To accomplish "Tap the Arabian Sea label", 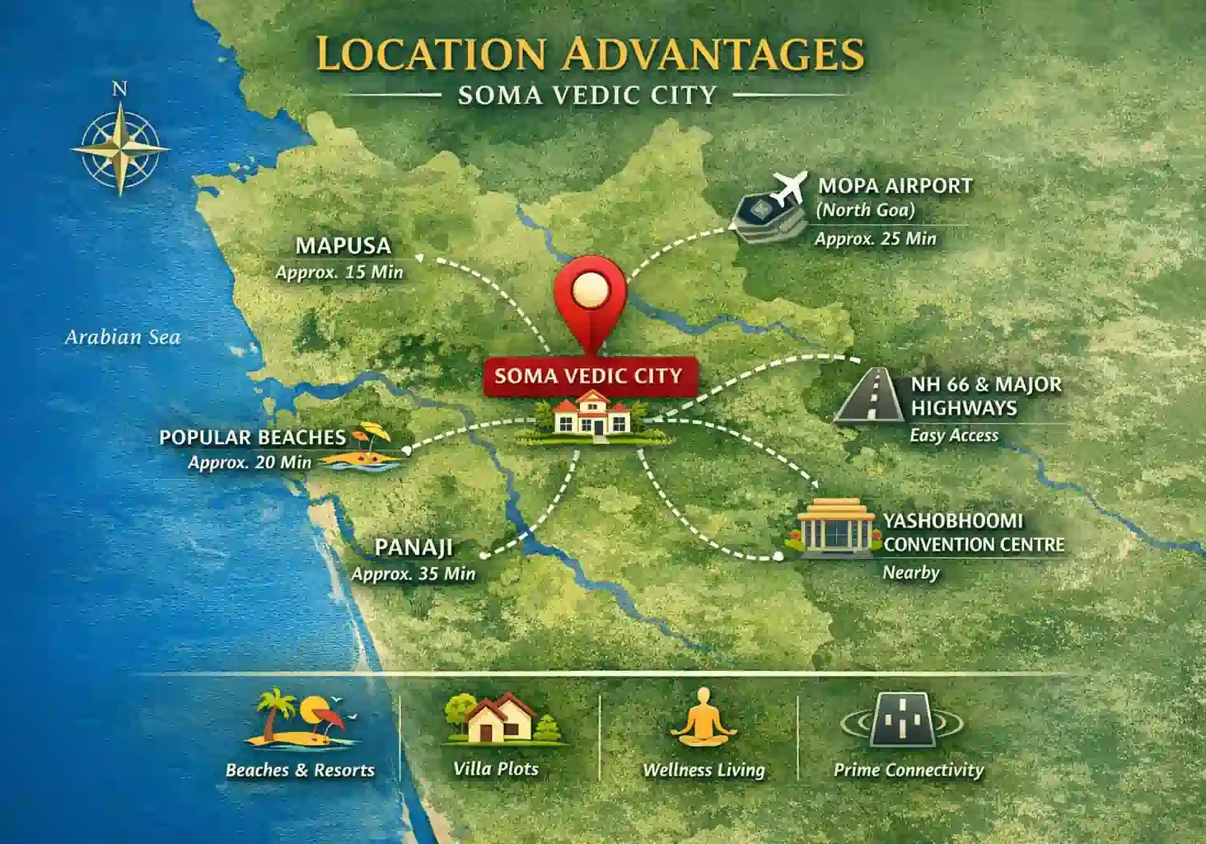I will click(x=123, y=337).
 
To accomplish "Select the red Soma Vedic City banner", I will click(x=588, y=376).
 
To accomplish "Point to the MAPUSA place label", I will click(x=343, y=246).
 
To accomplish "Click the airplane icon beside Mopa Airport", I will click(x=788, y=188).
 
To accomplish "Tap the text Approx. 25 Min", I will click(x=875, y=239).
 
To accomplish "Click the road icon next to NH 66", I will click(x=868, y=396).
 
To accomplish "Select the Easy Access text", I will click(x=953, y=435).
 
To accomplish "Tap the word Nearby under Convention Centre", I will click(x=910, y=572).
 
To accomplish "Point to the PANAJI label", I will click(x=414, y=547).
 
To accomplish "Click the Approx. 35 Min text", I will click(x=414, y=574).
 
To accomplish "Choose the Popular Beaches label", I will click(x=252, y=437).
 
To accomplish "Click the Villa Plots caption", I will click(x=496, y=769).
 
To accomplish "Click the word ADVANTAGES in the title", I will click(x=713, y=54).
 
